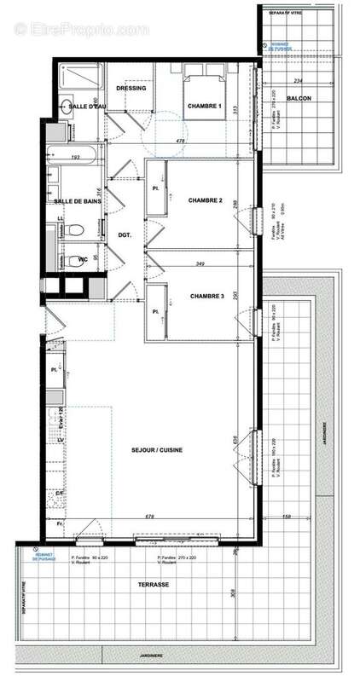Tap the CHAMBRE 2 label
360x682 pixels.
(x=205, y=200)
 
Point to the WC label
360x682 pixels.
(x=84, y=258)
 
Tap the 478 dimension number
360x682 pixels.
(x=204, y=141)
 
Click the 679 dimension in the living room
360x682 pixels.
(x=149, y=516)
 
